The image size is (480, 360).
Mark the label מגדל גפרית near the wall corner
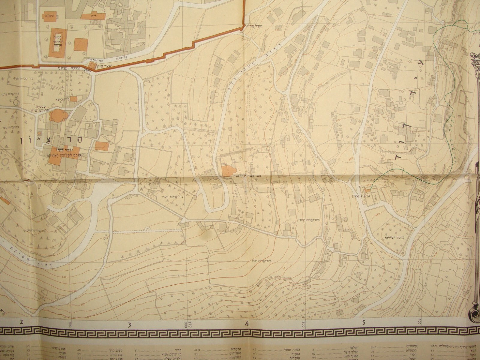point(254,26)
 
